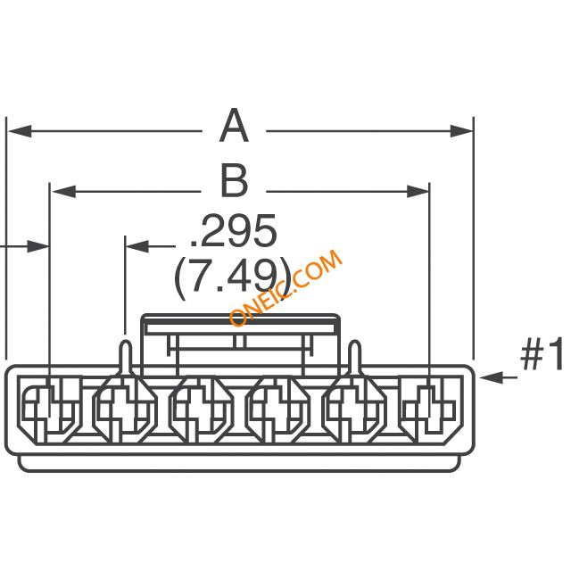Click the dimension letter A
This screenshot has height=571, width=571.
pyautogui.click(x=234, y=126)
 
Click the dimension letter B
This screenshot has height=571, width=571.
pyautogui.click(x=234, y=181)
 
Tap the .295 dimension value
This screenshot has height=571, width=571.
pyautogui.click(x=234, y=230)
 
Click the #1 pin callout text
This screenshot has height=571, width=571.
pyautogui.click(x=542, y=354)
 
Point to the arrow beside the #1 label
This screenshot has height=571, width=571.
pyautogui.click(x=498, y=377)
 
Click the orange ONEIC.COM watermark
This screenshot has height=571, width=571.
pyautogui.click(x=285, y=288)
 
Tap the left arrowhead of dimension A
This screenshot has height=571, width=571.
pyautogui.click(x=20, y=131)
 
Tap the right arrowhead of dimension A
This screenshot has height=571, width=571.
pyautogui.click(x=461, y=131)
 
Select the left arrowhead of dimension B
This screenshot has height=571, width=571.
pyautogui.click(x=63, y=191)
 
